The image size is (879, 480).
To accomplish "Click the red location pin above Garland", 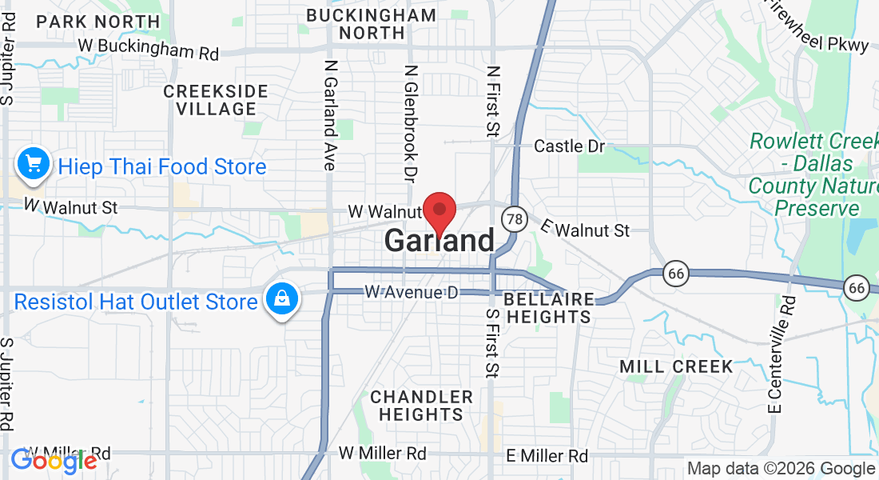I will click(x=439, y=213).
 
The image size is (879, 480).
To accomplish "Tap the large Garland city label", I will click(x=439, y=241).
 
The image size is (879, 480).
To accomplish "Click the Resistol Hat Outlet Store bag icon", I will click(x=281, y=300).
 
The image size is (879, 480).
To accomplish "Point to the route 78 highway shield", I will click(x=514, y=218).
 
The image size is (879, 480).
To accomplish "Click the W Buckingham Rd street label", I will click(x=149, y=50).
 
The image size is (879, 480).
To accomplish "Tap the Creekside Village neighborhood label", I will click(x=210, y=100).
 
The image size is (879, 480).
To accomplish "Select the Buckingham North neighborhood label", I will click(x=372, y=24).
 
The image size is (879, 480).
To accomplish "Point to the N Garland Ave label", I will click(x=329, y=114).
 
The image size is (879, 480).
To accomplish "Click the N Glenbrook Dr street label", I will click(x=411, y=122).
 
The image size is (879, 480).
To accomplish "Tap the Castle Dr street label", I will click(x=569, y=146).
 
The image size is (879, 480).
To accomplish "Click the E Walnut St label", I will click(x=585, y=229).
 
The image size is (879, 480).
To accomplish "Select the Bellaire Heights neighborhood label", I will click(x=549, y=308).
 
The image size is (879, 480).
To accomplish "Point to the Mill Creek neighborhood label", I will click(x=677, y=366).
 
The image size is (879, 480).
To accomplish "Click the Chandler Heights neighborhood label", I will click(x=421, y=406).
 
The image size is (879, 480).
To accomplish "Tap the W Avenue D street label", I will click(x=412, y=293).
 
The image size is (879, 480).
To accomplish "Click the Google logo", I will click(x=54, y=460).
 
